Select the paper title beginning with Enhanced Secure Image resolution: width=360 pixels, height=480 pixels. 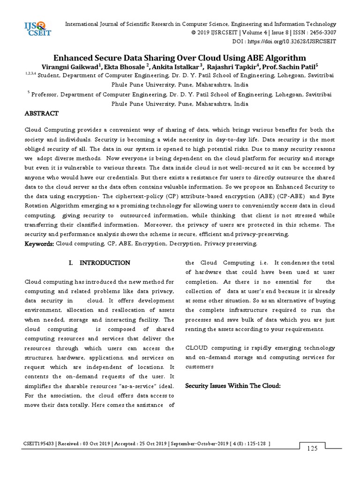180,58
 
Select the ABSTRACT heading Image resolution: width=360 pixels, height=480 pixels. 41,113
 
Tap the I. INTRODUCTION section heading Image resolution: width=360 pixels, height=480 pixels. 99,262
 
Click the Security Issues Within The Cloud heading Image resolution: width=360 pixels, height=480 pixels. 232,385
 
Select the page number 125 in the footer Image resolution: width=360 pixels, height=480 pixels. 312,449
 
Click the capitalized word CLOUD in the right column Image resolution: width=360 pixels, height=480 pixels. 197,348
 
